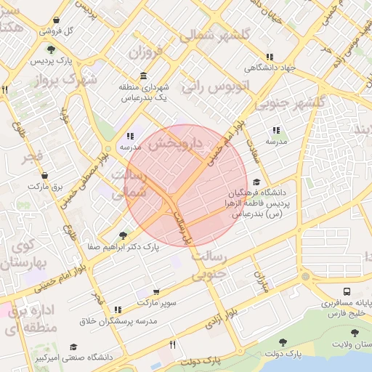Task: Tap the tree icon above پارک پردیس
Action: (52, 49)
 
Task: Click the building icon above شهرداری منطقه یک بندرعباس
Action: (143, 76)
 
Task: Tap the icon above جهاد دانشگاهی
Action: (270, 57)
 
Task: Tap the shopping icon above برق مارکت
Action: (46, 175)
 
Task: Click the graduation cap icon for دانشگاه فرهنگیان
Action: (256, 183)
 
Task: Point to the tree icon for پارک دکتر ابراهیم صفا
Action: (122, 235)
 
